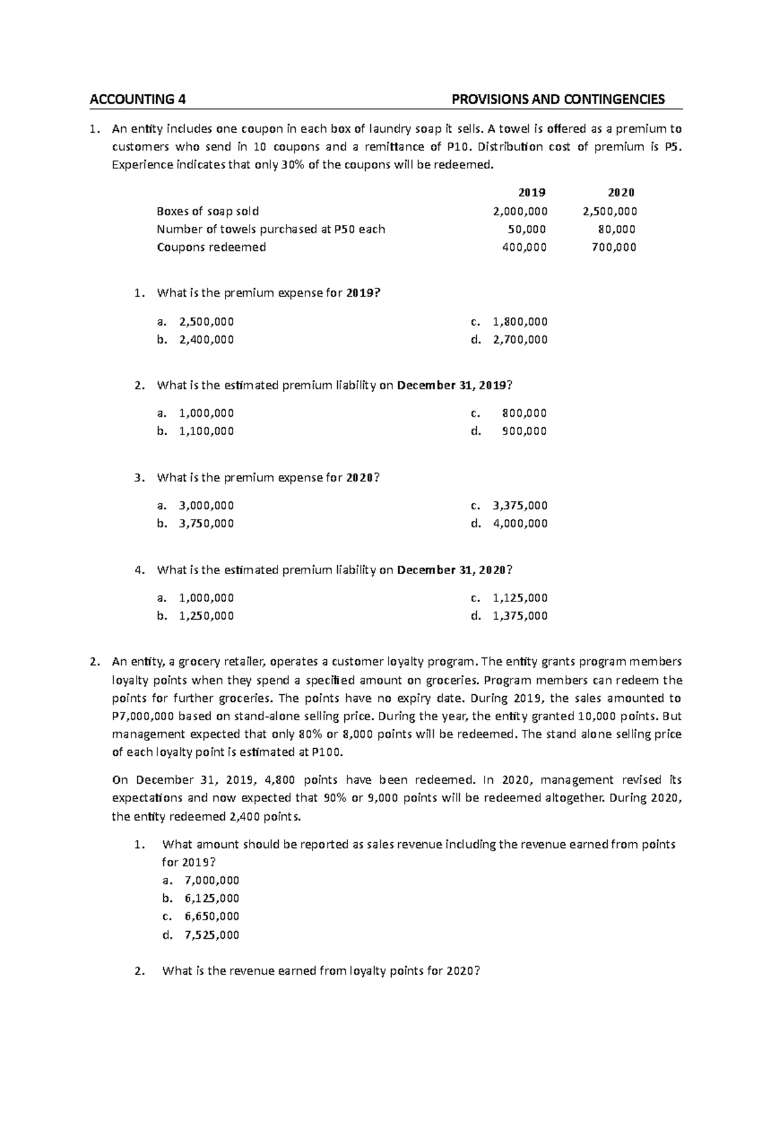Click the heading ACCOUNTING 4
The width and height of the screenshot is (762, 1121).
[x=138, y=99]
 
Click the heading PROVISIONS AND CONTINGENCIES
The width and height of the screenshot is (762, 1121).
[x=558, y=99]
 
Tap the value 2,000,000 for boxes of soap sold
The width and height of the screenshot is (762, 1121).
[x=520, y=211]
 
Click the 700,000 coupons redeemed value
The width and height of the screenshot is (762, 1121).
[x=613, y=247]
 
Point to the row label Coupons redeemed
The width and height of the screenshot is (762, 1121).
[x=211, y=247]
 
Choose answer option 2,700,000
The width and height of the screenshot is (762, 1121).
[x=519, y=340]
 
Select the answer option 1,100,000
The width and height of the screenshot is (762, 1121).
[x=206, y=431]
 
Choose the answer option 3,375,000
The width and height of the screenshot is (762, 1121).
[x=519, y=506]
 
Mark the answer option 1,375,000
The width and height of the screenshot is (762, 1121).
[x=519, y=615]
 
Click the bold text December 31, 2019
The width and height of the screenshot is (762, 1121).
[x=451, y=386]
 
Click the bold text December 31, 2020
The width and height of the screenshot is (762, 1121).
[x=451, y=570]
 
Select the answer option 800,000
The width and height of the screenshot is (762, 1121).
[x=524, y=413]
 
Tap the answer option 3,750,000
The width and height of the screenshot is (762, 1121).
[x=206, y=524]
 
